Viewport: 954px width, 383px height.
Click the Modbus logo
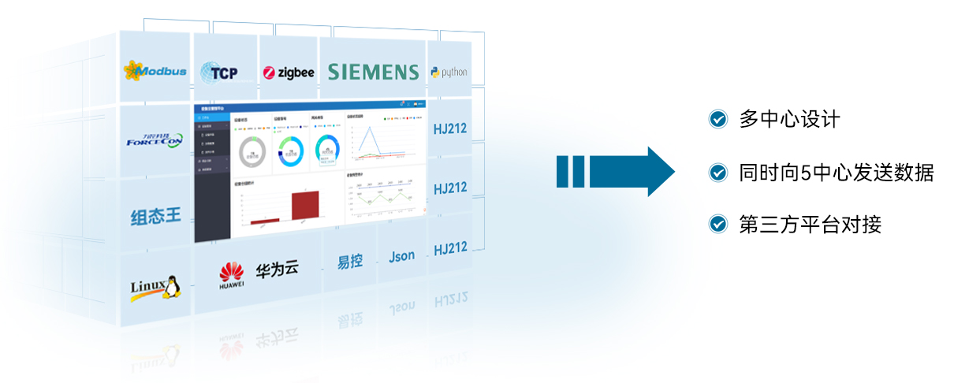155,71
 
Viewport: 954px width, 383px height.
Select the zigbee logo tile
289,73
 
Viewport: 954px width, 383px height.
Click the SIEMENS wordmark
373,73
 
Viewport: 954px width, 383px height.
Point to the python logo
449,73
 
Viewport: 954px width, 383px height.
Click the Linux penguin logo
155,288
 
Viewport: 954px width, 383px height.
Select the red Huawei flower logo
232,273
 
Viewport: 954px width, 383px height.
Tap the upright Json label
402,257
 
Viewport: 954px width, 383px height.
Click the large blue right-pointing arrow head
658,171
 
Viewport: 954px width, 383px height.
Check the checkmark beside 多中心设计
717,120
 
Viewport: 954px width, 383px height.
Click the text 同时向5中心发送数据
836,173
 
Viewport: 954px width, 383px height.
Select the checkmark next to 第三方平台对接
717,225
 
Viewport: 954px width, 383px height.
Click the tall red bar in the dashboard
304,206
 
